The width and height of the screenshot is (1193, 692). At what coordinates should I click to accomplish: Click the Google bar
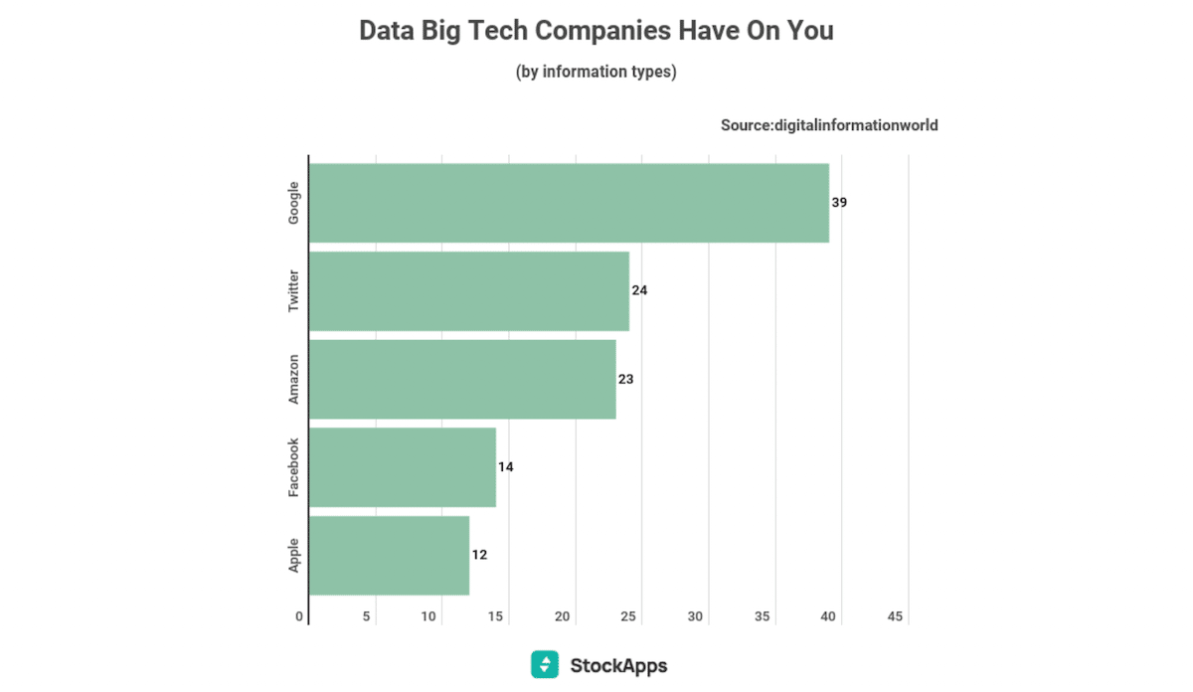[x=569, y=203]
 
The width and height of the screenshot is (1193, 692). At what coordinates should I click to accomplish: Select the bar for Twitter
[x=469, y=291]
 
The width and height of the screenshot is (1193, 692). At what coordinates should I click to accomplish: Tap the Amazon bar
[x=462, y=379]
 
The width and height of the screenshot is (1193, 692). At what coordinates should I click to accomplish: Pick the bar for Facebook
[x=403, y=467]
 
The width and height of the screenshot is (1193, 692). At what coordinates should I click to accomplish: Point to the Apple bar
[x=389, y=555]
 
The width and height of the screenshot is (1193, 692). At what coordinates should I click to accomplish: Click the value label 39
[x=840, y=203]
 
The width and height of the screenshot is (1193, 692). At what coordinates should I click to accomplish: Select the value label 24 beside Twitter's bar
[x=639, y=291]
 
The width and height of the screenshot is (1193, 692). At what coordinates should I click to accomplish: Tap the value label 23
[x=625, y=379]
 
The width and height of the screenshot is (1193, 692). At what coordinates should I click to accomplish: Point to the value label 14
[x=506, y=467]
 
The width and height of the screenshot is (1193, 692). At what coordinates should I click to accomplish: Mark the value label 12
[x=479, y=555]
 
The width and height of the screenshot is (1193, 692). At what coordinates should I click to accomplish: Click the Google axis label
[x=293, y=203]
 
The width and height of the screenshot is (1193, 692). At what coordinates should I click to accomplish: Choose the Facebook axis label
[x=293, y=467]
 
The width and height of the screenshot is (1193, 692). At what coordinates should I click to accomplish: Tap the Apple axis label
[x=293, y=555]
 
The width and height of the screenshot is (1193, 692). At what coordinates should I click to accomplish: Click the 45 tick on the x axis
[x=895, y=617]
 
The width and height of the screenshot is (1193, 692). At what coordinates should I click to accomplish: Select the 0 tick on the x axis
[x=299, y=617]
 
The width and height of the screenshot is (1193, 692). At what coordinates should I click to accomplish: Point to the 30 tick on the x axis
[x=695, y=617]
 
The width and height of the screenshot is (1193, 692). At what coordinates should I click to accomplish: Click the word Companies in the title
[x=602, y=31]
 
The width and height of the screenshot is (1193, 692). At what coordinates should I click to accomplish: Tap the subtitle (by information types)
[x=596, y=73]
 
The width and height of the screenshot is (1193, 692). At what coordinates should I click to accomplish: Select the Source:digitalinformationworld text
[x=829, y=125]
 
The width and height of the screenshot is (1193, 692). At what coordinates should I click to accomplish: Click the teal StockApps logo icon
[x=545, y=664]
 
